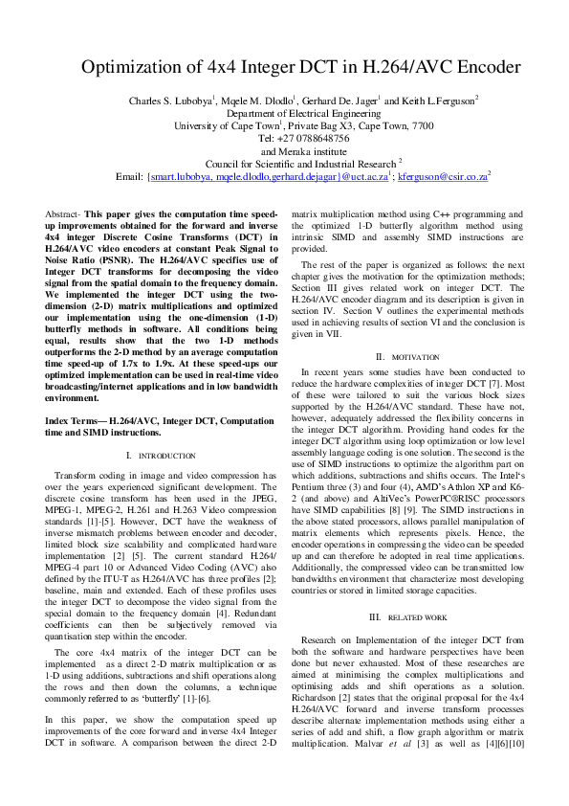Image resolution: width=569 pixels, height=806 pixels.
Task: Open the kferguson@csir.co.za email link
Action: [x=442, y=176]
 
